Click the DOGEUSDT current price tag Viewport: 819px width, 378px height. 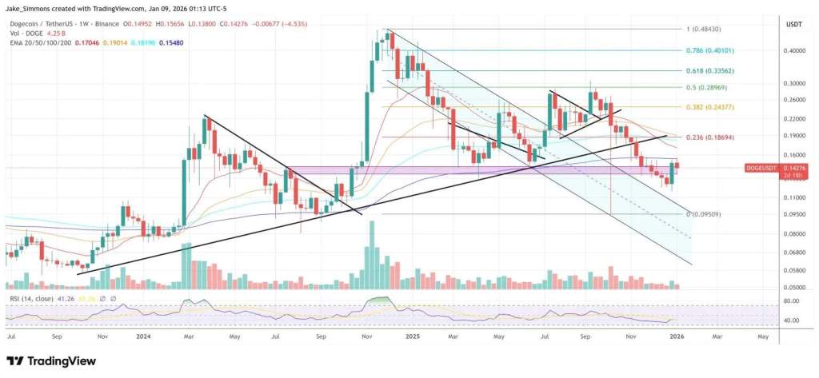761,168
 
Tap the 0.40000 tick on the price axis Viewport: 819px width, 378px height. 796,50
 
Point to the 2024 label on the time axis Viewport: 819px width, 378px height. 144,336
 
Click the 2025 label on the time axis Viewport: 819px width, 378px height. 412,336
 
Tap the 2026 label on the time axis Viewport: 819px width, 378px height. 676,336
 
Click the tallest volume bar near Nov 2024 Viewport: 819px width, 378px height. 370,256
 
